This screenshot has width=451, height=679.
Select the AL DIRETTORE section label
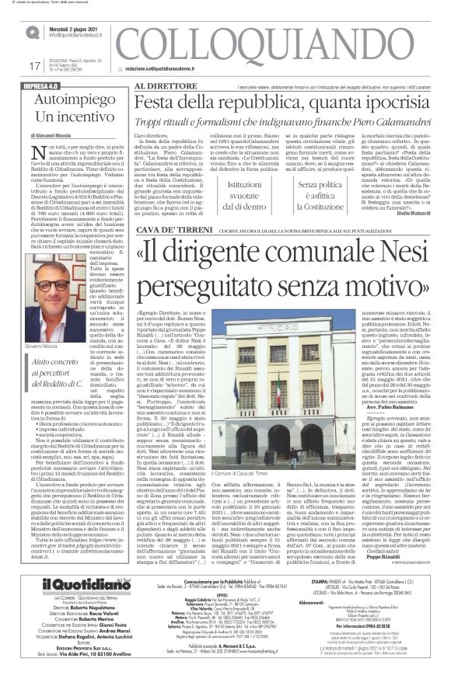pos(165,86)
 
